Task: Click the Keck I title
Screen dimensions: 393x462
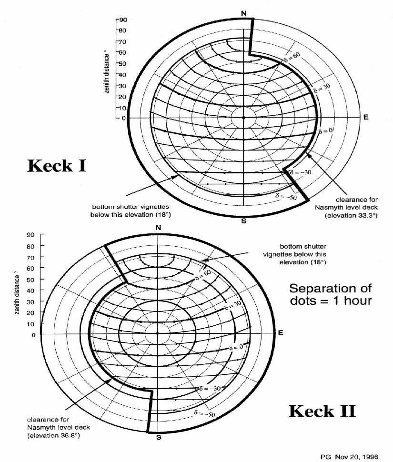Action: click(57, 166)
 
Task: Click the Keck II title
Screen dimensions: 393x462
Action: click(322, 411)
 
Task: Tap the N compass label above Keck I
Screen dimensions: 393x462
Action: click(243, 13)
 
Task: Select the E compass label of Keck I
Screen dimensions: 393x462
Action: click(366, 117)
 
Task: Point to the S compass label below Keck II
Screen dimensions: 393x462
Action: click(159, 437)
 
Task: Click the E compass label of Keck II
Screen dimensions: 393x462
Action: click(281, 332)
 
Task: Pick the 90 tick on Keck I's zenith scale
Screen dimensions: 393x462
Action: click(123, 20)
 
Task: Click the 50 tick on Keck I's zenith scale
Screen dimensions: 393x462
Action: click(122, 64)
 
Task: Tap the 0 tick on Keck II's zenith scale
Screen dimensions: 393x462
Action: click(34, 335)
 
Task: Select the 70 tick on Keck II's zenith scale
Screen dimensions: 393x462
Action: click(30, 258)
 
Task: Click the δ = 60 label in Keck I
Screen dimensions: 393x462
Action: click(292, 57)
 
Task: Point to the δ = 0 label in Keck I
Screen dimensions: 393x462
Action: click(326, 131)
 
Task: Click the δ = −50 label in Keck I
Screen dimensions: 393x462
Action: click(286, 196)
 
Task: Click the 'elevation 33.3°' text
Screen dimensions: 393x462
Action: click(351, 215)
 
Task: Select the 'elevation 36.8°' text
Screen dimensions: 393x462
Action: click(54, 435)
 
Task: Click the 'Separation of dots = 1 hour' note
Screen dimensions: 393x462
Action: click(331, 294)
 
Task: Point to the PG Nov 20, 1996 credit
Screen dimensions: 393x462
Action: click(349, 457)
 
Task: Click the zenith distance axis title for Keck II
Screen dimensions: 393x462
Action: click(17, 295)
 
